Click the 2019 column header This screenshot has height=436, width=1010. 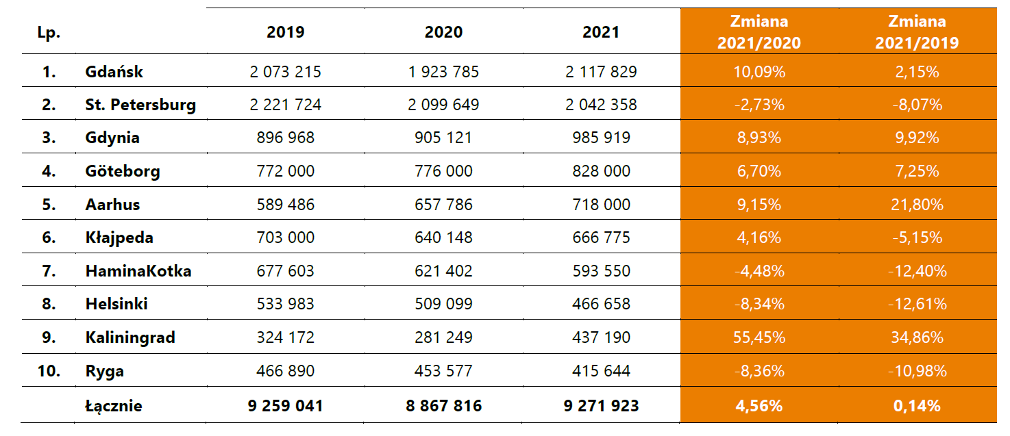click(286, 32)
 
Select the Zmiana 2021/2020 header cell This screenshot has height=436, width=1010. click(759, 32)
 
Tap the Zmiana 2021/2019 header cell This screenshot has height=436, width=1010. click(916, 32)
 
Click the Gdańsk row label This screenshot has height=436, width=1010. click(114, 72)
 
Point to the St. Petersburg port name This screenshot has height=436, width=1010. click(140, 105)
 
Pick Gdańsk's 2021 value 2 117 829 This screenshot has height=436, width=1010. click(601, 72)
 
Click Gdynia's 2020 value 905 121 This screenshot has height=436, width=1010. click(443, 138)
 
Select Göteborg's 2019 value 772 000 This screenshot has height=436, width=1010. click(286, 170)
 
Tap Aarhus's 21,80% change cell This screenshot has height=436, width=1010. click(916, 204)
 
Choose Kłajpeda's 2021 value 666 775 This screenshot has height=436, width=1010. click(601, 238)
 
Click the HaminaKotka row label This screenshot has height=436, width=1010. click(138, 271)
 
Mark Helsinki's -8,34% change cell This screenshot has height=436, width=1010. click(759, 304)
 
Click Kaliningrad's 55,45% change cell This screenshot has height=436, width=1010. click(759, 337)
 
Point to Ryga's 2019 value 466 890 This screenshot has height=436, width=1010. click(286, 371)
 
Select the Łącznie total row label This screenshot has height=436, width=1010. click(114, 406)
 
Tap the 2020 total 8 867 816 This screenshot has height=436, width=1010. click(443, 406)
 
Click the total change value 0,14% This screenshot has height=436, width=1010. click(916, 406)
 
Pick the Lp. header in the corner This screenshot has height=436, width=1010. click(49, 32)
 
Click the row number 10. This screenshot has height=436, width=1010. click(49, 371)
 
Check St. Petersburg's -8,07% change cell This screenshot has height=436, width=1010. click(916, 105)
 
